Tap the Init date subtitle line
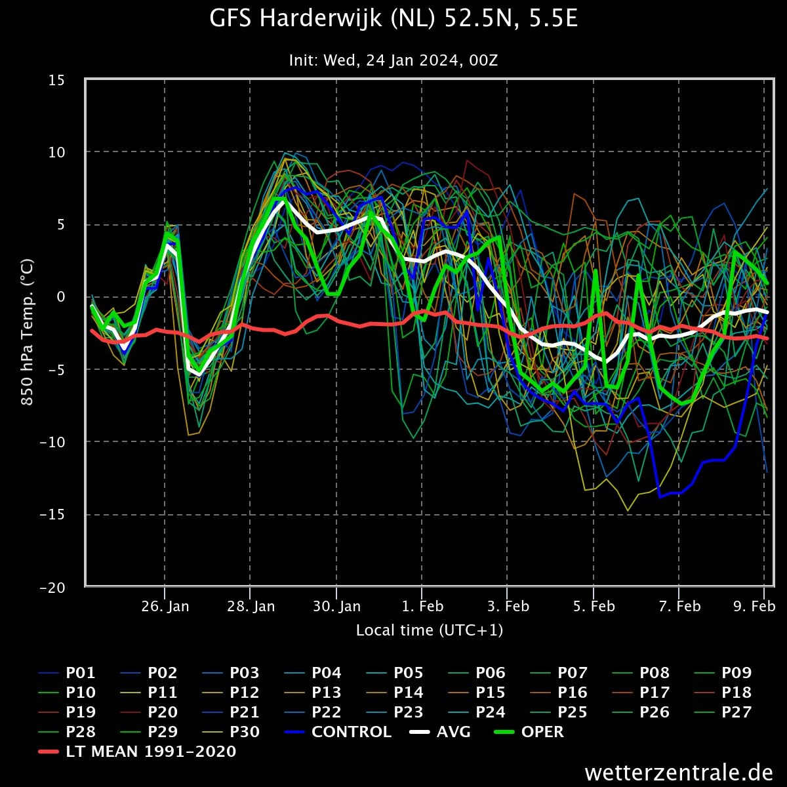click(x=393, y=60)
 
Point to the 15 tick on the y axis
click(x=57, y=80)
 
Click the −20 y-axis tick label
click(x=52, y=588)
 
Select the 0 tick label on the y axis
click(x=61, y=297)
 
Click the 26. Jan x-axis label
click(x=165, y=606)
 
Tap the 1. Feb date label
click(x=422, y=606)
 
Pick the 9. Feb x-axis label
click(x=754, y=606)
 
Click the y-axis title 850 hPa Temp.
click(x=27, y=332)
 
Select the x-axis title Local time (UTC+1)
click(x=429, y=630)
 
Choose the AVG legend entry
click(x=440, y=731)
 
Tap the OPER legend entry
click(x=529, y=731)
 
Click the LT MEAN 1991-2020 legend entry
click(x=137, y=751)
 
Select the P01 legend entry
click(x=67, y=673)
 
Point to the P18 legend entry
click(x=723, y=693)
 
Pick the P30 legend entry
click(x=231, y=731)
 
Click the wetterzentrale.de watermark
click(x=679, y=773)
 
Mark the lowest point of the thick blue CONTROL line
click(x=660, y=496)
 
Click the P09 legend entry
click(x=723, y=673)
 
